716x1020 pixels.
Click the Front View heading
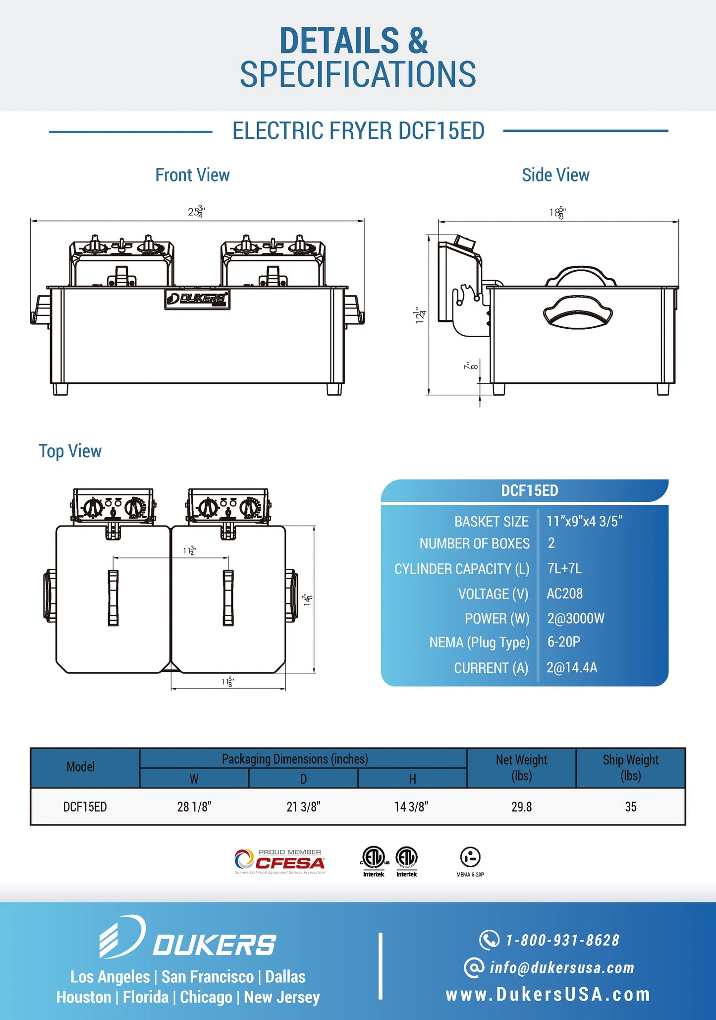pos(192,175)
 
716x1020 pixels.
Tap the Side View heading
pos(555,175)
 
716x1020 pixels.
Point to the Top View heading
pos(70,451)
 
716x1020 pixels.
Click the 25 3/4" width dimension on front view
pos(196,212)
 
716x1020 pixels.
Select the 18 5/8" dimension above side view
pos(557,213)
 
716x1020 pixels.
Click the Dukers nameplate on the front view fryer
pos(197,300)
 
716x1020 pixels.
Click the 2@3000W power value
pos(576,618)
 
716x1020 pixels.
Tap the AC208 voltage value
pos(564,594)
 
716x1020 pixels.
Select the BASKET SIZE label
pos(492,522)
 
